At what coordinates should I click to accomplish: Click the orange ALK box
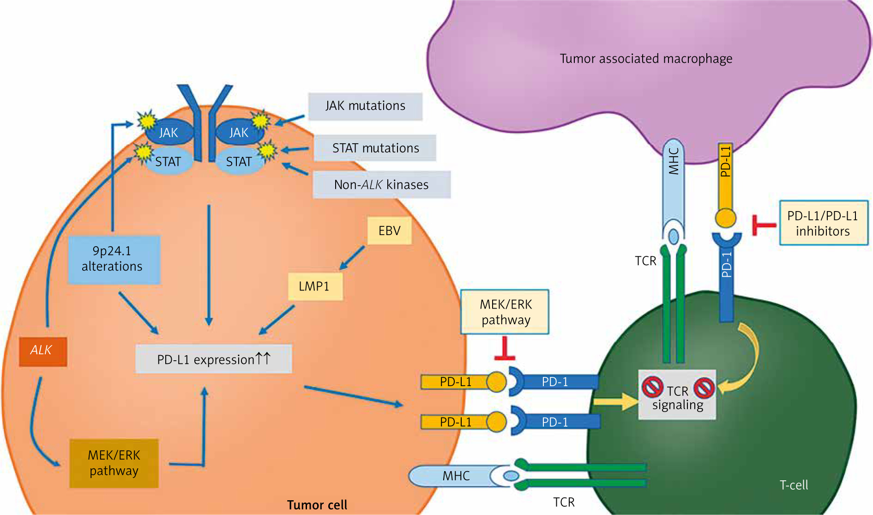pyautogui.click(x=43, y=351)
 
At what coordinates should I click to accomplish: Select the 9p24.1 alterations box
pyautogui.click(x=114, y=259)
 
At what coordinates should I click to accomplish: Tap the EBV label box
pyautogui.click(x=389, y=230)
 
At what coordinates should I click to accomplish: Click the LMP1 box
pyautogui.click(x=315, y=286)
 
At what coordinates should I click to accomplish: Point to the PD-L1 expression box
pyautogui.click(x=213, y=359)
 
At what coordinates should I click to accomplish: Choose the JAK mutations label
pyautogui.click(x=365, y=106)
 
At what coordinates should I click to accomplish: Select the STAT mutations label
pyautogui.click(x=375, y=148)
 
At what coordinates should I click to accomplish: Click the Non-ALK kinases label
pyautogui.click(x=381, y=185)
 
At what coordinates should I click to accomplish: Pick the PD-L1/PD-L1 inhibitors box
pyautogui.click(x=823, y=223)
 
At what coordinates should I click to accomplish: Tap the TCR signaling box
pyautogui.click(x=677, y=395)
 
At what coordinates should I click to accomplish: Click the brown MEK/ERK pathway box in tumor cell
pyautogui.click(x=114, y=463)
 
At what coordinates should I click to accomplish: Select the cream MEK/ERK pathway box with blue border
pyautogui.click(x=505, y=312)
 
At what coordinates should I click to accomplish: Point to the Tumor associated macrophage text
pyautogui.click(x=646, y=59)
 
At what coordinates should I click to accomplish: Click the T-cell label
pyautogui.click(x=794, y=485)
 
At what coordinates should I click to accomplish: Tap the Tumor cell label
pyautogui.click(x=317, y=505)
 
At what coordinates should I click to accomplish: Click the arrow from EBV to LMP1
pyautogui.click(x=352, y=258)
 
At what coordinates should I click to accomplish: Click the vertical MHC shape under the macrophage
pyautogui.click(x=674, y=185)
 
